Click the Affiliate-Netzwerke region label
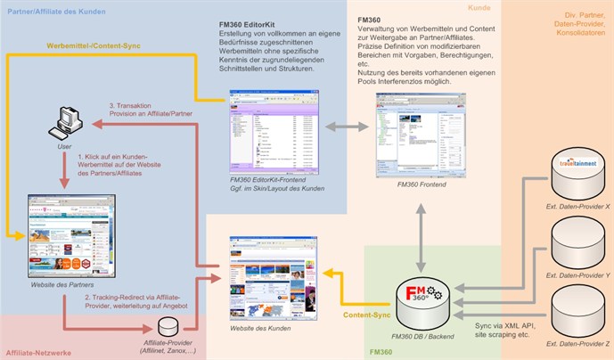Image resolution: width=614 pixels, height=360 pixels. pyautogui.click(x=39, y=353)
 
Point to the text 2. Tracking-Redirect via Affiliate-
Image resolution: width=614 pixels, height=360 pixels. pyautogui.click(x=132, y=295)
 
